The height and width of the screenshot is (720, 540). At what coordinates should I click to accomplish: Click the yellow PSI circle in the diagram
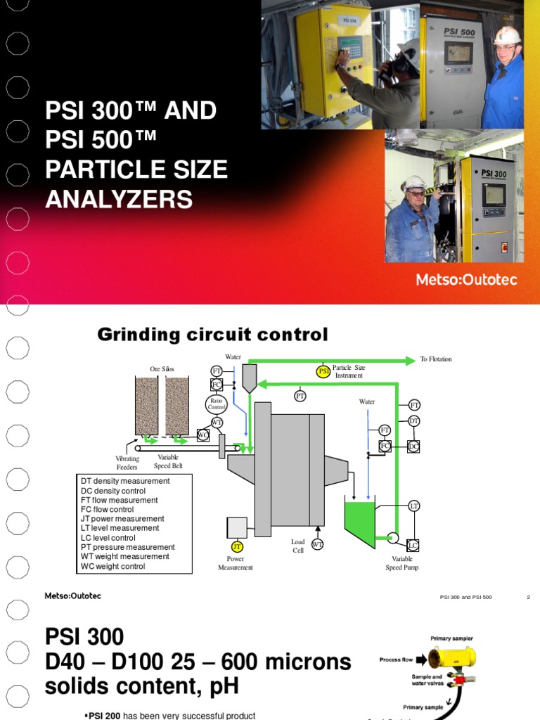(323, 371)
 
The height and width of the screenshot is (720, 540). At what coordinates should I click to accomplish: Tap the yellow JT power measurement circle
(236, 546)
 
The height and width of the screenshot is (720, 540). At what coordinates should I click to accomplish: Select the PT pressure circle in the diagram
(300, 396)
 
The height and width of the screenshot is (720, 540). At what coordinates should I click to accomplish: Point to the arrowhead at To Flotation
(411, 360)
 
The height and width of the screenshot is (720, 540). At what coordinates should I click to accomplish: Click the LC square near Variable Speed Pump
(413, 545)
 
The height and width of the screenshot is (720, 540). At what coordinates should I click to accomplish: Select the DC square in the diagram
(413, 446)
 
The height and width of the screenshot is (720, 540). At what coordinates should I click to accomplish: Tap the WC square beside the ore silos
(203, 435)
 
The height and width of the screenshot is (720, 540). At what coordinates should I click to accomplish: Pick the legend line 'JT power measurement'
(122, 519)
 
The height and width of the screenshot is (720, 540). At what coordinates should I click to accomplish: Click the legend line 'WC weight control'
(112, 566)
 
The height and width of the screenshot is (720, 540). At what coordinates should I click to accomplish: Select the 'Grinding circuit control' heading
(212, 335)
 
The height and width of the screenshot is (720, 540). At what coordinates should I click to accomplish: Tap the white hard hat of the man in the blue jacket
(506, 34)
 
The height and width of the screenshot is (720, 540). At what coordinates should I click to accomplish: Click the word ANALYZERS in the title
(119, 200)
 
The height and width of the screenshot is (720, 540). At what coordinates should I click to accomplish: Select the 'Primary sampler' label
(451, 638)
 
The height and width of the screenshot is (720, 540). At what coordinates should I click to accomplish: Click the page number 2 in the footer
(528, 598)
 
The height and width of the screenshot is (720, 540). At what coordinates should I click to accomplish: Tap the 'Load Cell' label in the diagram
(298, 546)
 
